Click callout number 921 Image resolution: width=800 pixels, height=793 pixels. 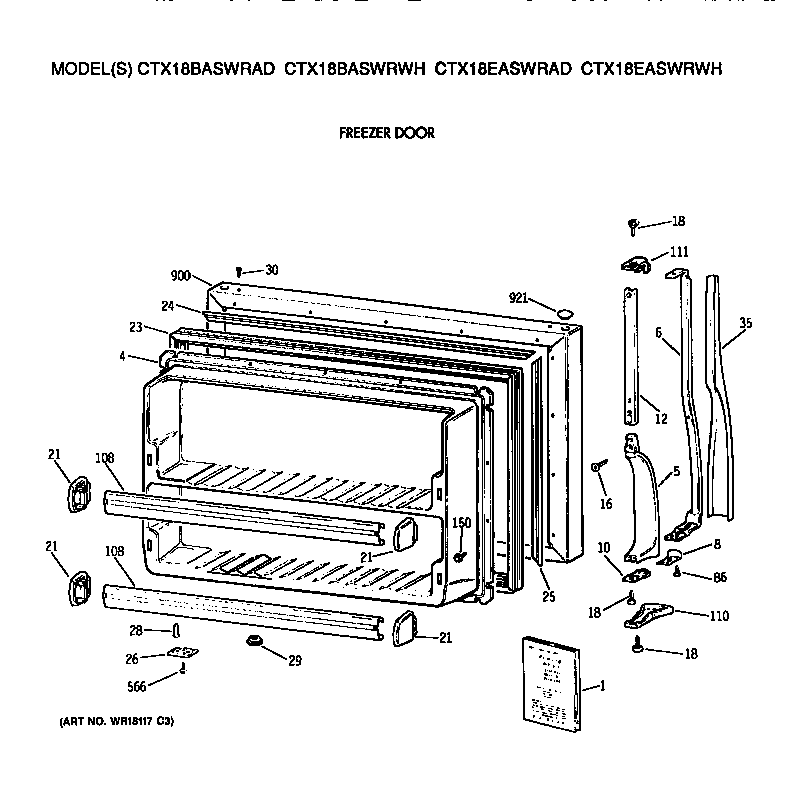518,298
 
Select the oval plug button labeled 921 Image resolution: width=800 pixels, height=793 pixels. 566,314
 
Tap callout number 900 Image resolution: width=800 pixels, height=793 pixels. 180,275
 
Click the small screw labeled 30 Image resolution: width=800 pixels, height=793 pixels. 238,271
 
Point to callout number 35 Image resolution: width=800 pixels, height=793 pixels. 745,322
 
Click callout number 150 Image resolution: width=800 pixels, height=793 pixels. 461,523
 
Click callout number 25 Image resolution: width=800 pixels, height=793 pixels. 548,597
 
